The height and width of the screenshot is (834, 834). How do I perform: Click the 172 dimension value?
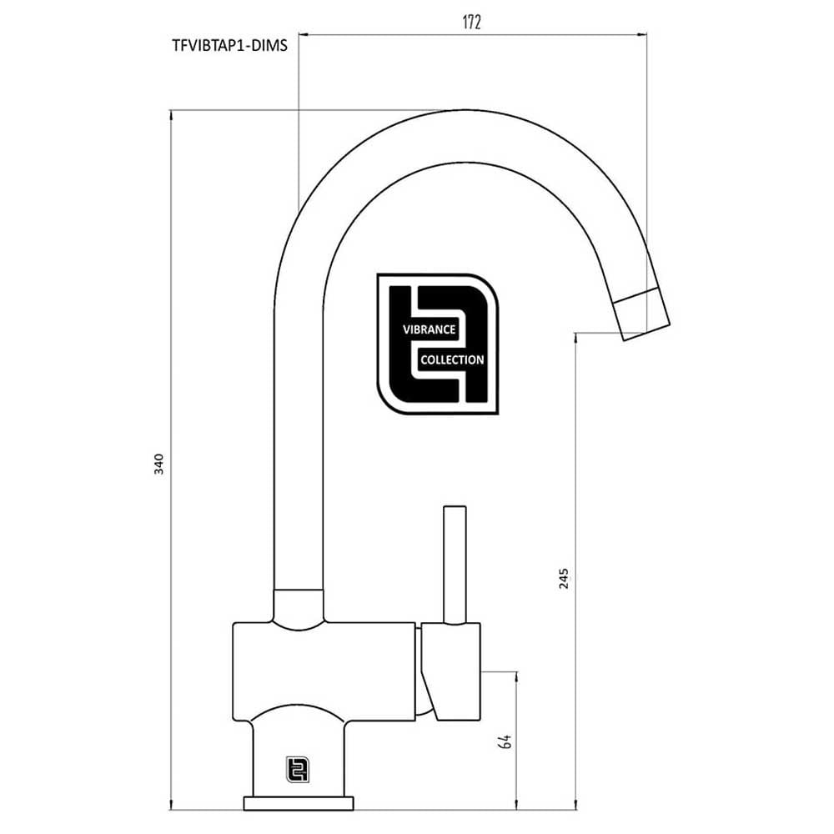[472, 23]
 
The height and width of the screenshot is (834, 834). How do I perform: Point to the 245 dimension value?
[564, 578]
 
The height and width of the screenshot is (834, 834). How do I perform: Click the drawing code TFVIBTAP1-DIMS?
[229, 47]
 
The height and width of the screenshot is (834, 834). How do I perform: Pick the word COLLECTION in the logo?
[451, 360]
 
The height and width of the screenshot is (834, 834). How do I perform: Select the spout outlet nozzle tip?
[643, 314]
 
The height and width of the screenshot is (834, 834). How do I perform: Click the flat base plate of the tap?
[298, 803]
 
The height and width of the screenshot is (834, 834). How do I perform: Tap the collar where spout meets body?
[299, 605]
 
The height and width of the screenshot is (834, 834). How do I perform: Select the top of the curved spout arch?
[450, 133]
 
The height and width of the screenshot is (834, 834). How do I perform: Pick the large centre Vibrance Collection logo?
[437, 344]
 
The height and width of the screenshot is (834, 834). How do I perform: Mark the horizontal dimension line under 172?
[472, 35]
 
